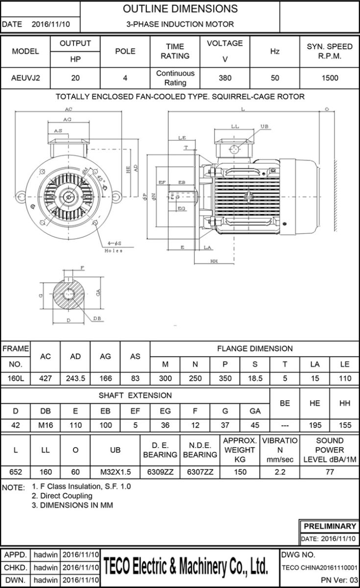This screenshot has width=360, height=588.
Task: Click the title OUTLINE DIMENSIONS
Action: tap(180, 9)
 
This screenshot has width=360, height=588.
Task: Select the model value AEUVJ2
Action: tap(25, 77)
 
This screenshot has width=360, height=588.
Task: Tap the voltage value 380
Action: tap(225, 77)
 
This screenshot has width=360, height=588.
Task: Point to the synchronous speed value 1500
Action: tap(329, 77)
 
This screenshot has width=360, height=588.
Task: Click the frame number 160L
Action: tap(16, 378)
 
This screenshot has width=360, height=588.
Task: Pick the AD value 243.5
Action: tap(75, 378)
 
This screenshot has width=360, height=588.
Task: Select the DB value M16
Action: tap(46, 425)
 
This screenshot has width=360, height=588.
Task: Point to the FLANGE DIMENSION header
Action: tap(255, 349)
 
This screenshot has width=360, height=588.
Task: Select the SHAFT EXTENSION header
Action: tap(135, 395)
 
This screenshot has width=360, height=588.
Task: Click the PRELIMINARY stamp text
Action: tap(330, 526)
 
